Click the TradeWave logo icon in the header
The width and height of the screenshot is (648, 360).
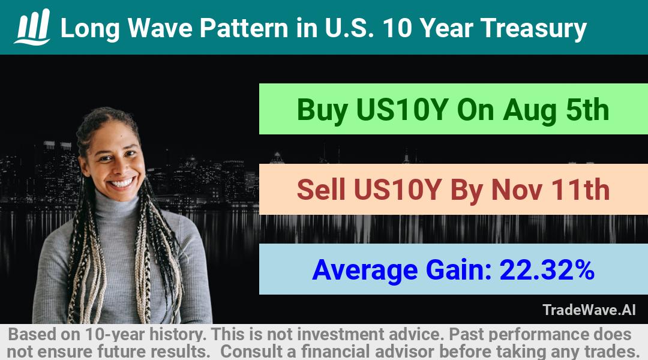click(32, 27)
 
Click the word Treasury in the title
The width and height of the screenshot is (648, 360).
click(533, 28)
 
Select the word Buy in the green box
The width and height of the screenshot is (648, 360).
click(322, 110)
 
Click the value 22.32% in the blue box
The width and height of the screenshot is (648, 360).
click(547, 269)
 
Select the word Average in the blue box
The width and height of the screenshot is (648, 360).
click(365, 271)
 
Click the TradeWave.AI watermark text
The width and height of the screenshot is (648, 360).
click(589, 310)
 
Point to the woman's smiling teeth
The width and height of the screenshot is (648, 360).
click(122, 182)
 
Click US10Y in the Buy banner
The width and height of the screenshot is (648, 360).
click(401, 110)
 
